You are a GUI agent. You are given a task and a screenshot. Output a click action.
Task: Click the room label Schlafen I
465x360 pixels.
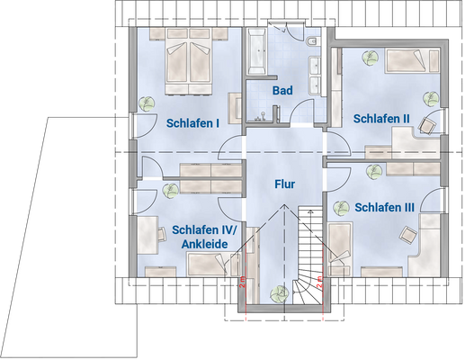tap(192, 123)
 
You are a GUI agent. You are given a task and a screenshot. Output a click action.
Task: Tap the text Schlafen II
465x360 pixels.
tap(381, 118)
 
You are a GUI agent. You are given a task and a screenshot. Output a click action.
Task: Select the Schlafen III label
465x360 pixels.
tap(384, 208)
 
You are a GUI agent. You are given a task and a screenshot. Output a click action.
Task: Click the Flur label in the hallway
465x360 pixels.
tap(284, 184)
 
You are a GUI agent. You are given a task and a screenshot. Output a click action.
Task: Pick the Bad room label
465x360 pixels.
tap(282, 91)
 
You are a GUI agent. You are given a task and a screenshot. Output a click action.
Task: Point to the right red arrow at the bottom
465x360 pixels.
tap(322, 318)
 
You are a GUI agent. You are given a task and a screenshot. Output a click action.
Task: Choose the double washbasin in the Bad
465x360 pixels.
tap(316, 76)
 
